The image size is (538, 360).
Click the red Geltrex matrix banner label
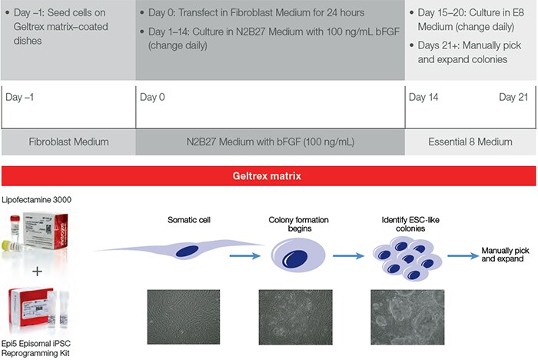(269, 175)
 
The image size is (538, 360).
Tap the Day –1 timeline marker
(21, 98)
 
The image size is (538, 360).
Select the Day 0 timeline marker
(152, 98)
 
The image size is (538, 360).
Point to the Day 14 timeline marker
(424, 98)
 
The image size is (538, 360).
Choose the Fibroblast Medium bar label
(68, 142)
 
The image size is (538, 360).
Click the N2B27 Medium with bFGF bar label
(271, 142)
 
